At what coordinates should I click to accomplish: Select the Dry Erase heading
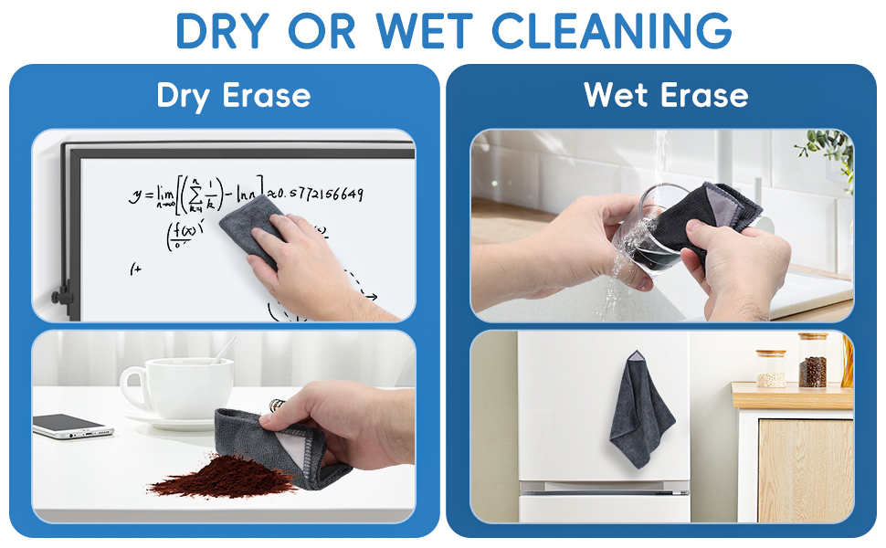pos(234,96)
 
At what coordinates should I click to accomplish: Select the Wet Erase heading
pos(666,94)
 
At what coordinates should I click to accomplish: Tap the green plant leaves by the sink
pos(829,146)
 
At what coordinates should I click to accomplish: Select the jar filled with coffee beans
pos(812,362)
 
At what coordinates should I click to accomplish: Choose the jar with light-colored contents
pos(771,369)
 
